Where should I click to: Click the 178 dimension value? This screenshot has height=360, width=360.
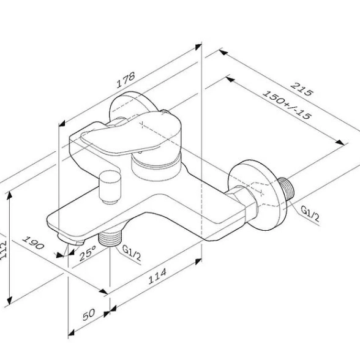click(x=126, y=80)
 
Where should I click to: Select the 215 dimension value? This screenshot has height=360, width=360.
click(x=302, y=89)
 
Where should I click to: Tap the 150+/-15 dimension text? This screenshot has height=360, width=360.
click(x=287, y=105)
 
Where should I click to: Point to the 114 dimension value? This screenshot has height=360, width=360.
click(x=157, y=276)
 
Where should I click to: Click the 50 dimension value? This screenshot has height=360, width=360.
click(x=89, y=314)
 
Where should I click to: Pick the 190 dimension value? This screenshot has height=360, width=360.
click(x=33, y=242)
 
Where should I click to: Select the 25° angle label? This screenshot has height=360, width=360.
click(x=88, y=253)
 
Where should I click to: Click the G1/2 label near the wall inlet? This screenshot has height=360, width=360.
click(x=310, y=214)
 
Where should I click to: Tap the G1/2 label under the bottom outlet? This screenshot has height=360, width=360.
click(x=132, y=253)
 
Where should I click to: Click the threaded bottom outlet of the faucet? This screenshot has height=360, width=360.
click(x=110, y=239)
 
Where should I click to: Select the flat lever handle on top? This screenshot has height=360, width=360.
click(x=131, y=133)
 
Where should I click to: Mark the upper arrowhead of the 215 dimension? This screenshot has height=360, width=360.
click(x=223, y=53)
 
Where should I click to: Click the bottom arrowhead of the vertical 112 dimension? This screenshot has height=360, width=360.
click(x=9, y=300)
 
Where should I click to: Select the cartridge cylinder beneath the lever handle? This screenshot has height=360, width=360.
click(x=156, y=166)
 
